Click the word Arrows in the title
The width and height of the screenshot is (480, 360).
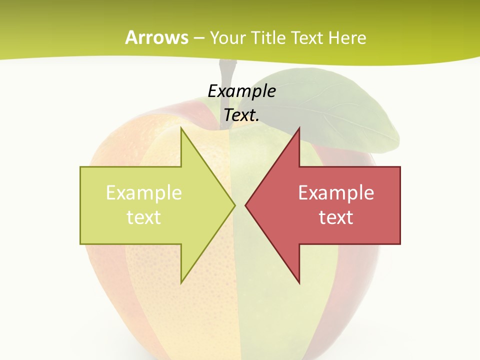click(156, 37)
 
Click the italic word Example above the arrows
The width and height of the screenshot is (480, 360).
click(242, 91)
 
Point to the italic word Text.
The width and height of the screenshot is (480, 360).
click(242, 115)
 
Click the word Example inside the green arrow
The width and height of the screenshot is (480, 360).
click(144, 192)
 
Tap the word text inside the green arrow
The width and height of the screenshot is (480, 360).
click(144, 217)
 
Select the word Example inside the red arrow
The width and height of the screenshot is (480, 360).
click(336, 192)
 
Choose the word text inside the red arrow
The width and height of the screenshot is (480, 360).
click(336, 217)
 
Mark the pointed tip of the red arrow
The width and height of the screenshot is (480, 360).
click(247, 204)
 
